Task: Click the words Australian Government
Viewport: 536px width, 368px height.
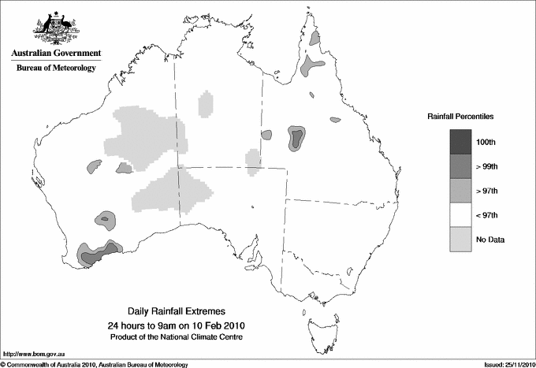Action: point(56,54)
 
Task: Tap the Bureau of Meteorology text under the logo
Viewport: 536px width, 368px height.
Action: point(56,69)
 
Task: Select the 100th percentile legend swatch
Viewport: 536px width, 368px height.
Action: point(460,142)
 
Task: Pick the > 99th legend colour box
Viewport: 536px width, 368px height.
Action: point(460,166)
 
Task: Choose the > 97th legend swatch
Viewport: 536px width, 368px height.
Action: point(460,191)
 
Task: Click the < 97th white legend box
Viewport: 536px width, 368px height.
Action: point(460,215)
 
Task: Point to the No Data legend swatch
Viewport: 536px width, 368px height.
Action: point(460,240)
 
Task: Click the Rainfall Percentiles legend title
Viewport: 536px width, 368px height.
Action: point(460,117)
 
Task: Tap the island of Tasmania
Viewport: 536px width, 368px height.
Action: point(315,323)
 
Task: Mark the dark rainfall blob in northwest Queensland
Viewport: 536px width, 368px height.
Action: point(296,138)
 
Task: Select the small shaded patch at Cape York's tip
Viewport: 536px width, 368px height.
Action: point(315,37)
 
